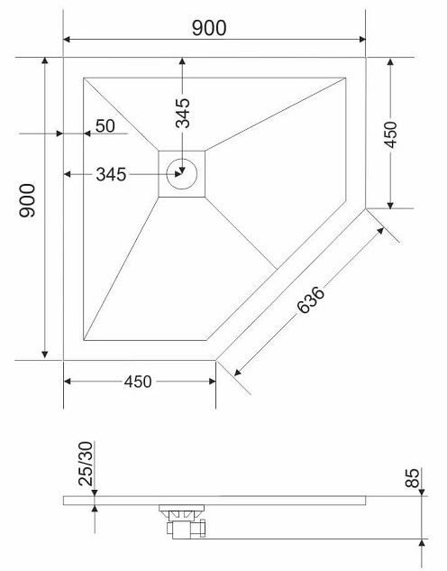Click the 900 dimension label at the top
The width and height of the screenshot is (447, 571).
[209, 28]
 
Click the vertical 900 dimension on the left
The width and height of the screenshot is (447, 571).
[28, 200]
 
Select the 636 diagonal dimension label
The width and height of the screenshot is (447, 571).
[310, 300]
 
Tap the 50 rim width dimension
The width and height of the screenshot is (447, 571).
[105, 126]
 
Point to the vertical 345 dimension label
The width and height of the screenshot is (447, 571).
[183, 113]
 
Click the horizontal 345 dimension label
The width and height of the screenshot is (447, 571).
[111, 174]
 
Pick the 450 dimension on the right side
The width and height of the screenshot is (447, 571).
[390, 134]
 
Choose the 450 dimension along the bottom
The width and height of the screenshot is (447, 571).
[138, 382]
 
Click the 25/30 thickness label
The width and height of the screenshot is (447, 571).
[87, 464]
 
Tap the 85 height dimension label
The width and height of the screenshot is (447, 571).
[413, 478]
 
